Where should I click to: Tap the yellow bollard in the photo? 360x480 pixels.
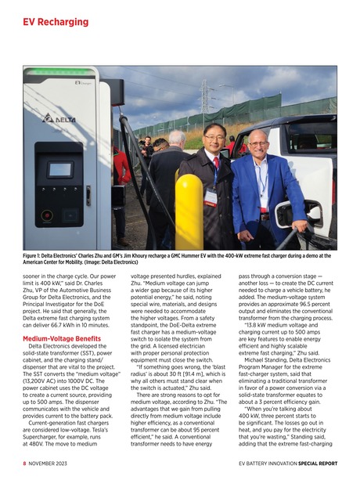tap(188, 213)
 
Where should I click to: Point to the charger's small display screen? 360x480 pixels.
tap(59, 169)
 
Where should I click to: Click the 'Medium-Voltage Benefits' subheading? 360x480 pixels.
tap(63, 338)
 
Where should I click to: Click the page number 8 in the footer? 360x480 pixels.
tap(24, 464)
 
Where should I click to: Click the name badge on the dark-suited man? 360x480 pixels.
tap(211, 196)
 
